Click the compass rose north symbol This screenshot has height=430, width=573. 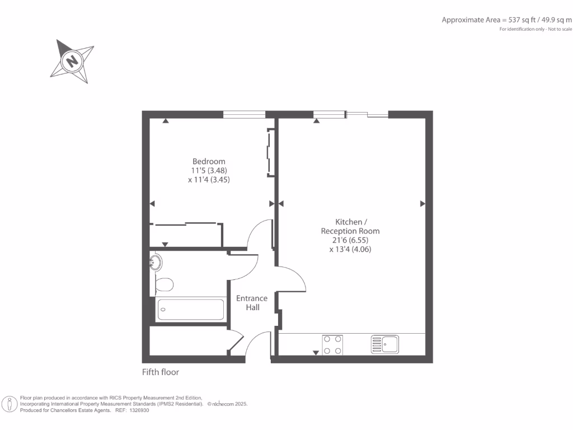[x=72, y=60]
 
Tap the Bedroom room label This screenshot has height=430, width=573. [x=209, y=162]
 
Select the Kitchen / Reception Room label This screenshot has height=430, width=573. [x=350, y=226]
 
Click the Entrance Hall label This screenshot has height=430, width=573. [x=252, y=302]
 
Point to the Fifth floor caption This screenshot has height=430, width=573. [x=161, y=372]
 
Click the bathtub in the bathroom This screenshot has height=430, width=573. [x=191, y=309]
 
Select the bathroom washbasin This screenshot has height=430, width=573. [x=156, y=262]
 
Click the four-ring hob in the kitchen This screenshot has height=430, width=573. [x=333, y=344]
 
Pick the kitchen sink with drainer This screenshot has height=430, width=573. [x=384, y=344]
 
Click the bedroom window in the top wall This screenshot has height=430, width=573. [x=244, y=114]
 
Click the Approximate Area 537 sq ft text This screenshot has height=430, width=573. [x=506, y=20]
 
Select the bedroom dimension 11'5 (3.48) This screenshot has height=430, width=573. [x=209, y=171]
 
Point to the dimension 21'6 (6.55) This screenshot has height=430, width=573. [x=350, y=240]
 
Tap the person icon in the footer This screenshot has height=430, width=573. [x=10, y=404]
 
